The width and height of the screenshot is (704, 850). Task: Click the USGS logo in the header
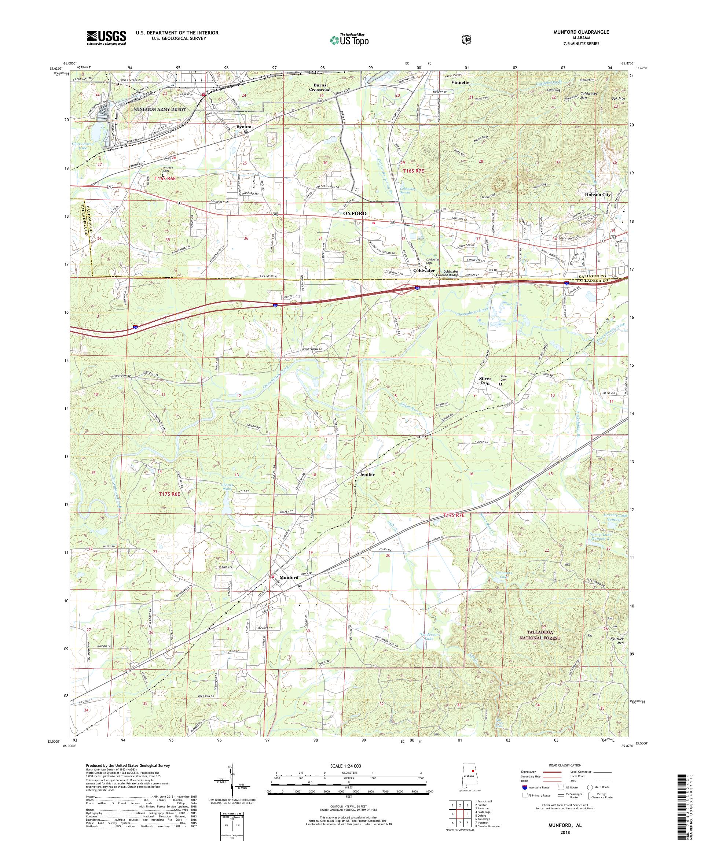tap(106, 38)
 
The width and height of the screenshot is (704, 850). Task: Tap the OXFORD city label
tap(355, 213)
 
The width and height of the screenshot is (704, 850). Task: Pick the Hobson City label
tap(597, 195)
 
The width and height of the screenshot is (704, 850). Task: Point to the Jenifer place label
tap(367, 474)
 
